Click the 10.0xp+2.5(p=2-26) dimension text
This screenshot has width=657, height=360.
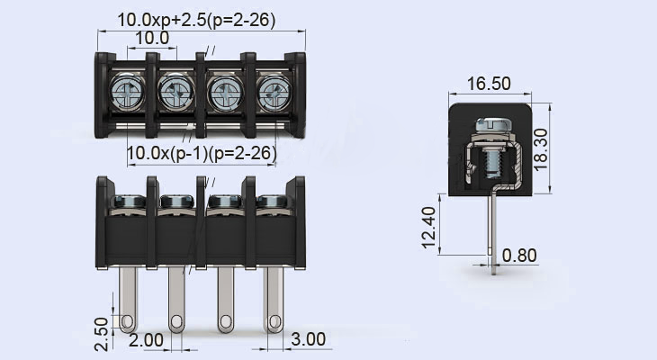click(x=196, y=20)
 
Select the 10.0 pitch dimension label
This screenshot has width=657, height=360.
click(x=151, y=38)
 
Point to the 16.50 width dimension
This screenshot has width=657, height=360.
click(x=489, y=84)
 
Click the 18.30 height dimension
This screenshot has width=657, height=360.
click(x=563, y=146)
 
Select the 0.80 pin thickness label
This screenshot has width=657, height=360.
click(x=519, y=256)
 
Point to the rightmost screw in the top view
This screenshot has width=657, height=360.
click(x=272, y=92)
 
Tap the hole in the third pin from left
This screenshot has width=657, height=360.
click(x=223, y=320)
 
